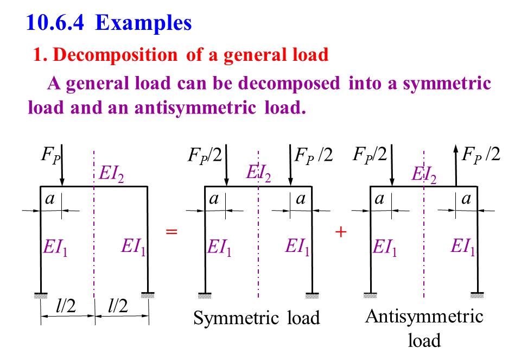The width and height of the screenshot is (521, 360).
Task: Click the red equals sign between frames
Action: [171, 232]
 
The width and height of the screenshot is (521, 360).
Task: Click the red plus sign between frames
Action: [341, 232]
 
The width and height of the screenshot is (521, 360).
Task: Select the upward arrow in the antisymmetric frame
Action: [455, 166]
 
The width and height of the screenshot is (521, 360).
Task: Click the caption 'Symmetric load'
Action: [257, 318]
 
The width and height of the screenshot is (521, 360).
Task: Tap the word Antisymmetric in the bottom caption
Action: [424, 316]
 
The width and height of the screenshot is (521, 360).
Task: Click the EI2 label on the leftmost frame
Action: [112, 174]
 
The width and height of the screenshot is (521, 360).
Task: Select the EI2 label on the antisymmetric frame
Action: [424, 174]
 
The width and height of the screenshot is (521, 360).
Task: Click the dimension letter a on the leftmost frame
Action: [50, 199]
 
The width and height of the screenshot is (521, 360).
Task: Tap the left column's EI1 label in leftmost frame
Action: [56, 248]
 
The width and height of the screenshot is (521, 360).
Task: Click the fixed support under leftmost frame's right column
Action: [148, 295]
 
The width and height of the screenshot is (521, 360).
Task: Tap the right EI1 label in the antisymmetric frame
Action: [463, 248]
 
